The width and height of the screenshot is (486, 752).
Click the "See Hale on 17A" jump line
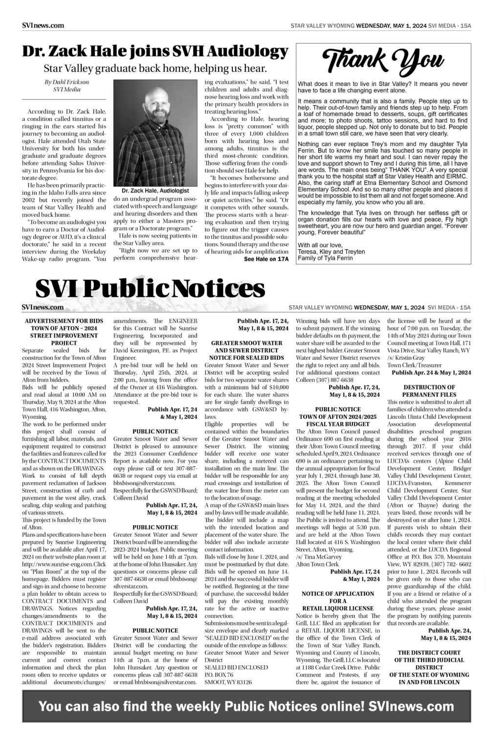click(x=266, y=259)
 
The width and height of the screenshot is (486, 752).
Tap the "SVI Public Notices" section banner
click(x=150, y=289)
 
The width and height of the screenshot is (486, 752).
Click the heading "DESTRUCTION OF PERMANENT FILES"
click(x=429, y=391)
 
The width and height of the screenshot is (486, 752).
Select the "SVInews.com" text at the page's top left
click(x=43, y=25)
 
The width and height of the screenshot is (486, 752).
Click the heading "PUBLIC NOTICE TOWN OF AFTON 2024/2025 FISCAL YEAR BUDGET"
click(x=338, y=416)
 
